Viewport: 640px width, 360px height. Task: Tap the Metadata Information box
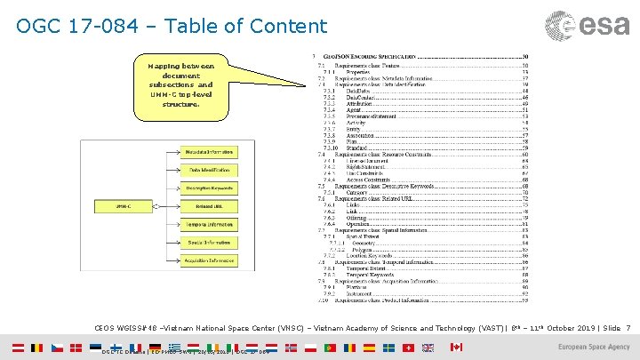coord(210,152)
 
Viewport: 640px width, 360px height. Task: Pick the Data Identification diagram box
coord(210,170)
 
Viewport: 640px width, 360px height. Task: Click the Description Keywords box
coord(210,188)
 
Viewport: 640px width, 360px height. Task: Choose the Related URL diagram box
coord(210,206)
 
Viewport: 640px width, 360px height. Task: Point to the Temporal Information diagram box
coord(210,224)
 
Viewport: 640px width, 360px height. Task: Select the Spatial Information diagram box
coord(210,242)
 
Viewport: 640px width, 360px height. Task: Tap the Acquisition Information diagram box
coord(210,260)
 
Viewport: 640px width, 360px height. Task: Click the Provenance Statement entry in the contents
coord(359,115)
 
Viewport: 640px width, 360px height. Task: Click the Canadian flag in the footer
coord(457,347)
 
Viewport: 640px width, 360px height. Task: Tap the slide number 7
coord(628,328)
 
